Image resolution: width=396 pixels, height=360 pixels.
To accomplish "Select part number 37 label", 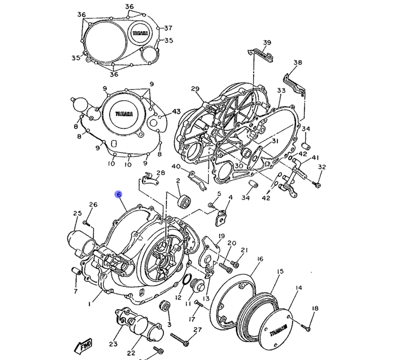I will (x=168, y=28).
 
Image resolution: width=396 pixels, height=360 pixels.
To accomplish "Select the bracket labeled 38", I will (x=295, y=84).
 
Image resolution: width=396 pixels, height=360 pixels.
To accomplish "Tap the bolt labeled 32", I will (x=317, y=184).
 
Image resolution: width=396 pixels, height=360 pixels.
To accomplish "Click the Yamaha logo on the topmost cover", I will (x=140, y=34).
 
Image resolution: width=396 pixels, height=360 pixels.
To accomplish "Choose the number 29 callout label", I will (x=195, y=89).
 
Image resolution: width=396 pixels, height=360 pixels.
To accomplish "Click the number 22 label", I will (x=131, y=353).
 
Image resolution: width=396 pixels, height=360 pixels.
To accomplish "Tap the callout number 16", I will (x=259, y=259).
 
